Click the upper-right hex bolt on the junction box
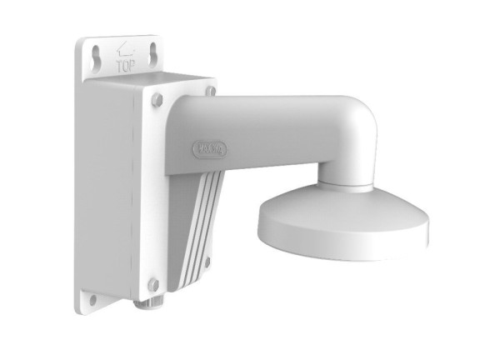click(x=211, y=91)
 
